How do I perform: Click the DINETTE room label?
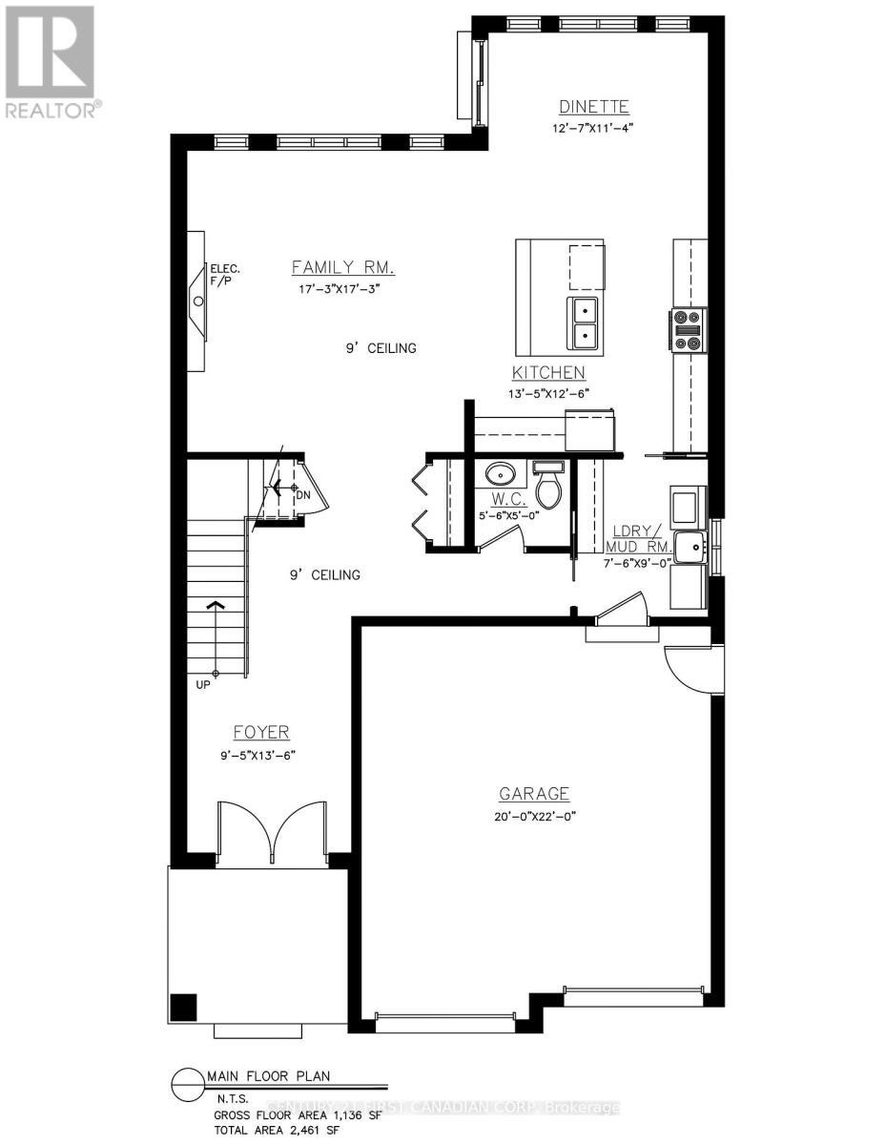593,107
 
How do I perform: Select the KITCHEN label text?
548,372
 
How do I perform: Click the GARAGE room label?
534,793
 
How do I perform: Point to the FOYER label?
261,732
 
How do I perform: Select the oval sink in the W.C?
501,472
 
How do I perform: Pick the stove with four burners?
689,330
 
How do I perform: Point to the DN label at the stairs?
302,495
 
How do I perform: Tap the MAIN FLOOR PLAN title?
268,1076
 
